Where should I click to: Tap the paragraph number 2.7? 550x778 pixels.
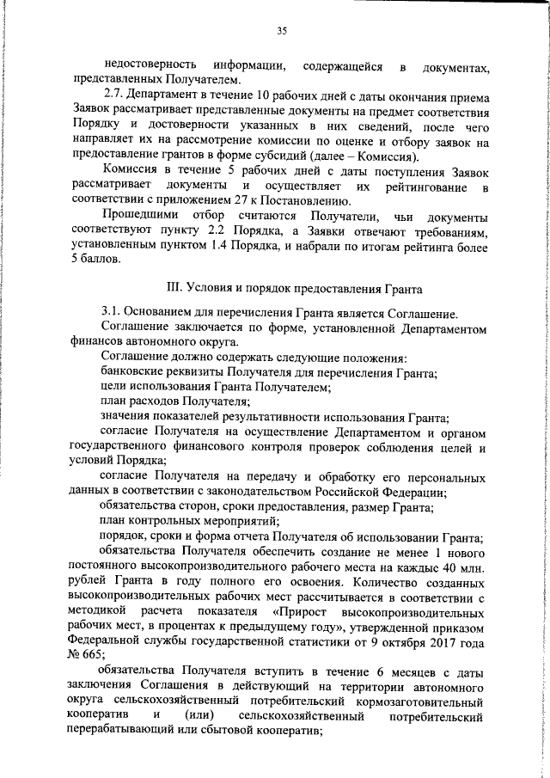112,96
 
